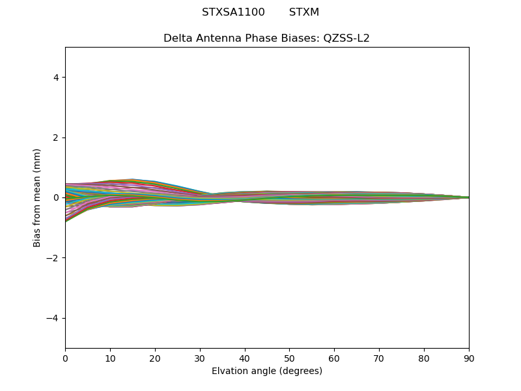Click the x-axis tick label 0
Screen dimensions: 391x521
coord(65,358)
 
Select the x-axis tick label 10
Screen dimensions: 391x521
coord(110,358)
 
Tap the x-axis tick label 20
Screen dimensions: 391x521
coord(155,358)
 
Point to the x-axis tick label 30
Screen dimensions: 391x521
coord(200,358)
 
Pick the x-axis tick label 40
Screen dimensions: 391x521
coord(245,358)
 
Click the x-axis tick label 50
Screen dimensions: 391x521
coord(289,358)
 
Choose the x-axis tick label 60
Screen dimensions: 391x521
coord(334,358)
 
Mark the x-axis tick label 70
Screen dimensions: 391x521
coord(379,358)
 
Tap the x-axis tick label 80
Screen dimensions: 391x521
coord(424,358)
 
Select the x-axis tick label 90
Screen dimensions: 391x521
coord(469,358)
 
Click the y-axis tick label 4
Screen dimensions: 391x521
coord(56,78)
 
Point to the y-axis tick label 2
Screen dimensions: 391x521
coord(56,138)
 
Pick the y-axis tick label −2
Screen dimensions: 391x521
coord(53,258)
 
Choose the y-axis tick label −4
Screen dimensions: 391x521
coord(53,318)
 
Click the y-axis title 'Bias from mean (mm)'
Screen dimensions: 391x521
coord(38,197)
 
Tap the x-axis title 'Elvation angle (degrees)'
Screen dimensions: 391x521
coord(267,371)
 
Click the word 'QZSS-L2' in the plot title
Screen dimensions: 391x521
coord(346,38)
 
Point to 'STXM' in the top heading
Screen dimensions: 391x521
coord(304,12)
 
